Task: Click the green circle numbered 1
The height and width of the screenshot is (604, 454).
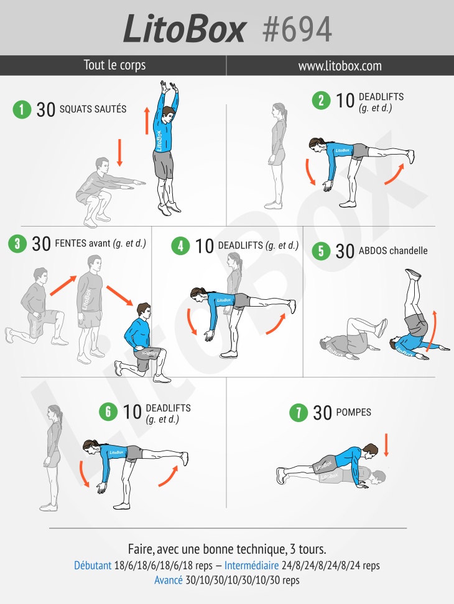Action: (22, 109)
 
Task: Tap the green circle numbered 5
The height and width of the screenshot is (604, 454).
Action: (321, 251)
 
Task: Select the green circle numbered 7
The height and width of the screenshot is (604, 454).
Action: (299, 413)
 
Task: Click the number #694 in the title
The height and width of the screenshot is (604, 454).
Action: (297, 30)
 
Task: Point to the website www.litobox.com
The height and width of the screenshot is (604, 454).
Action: (340, 66)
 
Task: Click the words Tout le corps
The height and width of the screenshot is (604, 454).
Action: (114, 65)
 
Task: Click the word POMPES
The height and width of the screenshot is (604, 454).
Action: (354, 412)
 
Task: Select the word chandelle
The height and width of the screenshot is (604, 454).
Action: (409, 251)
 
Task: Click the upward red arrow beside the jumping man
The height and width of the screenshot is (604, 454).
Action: (147, 121)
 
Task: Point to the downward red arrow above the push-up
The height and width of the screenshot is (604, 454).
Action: (386, 445)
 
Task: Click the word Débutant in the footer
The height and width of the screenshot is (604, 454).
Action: (93, 566)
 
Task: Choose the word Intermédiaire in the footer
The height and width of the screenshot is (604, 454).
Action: (251, 566)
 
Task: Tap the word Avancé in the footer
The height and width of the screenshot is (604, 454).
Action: (169, 580)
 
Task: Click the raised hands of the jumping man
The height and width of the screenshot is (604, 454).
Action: (169, 87)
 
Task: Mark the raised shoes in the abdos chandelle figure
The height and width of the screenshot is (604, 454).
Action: (413, 274)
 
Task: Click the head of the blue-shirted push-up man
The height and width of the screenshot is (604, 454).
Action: (370, 451)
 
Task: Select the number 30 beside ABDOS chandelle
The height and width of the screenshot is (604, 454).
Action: (345, 251)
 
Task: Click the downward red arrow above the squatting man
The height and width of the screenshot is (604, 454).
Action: (119, 153)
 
